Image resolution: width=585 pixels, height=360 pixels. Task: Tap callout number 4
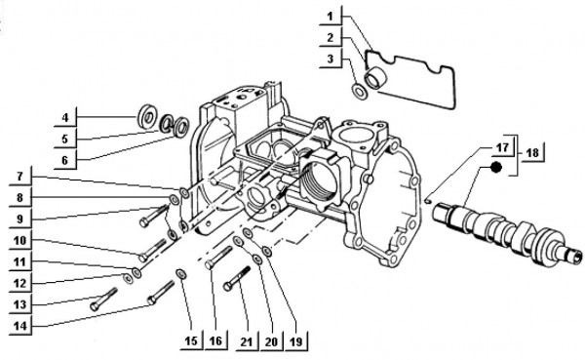[x=64, y=119]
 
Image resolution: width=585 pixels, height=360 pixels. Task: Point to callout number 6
[x=64, y=160]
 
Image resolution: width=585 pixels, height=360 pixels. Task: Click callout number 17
[x=501, y=147]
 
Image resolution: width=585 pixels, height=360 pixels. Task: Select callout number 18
[x=532, y=153]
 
